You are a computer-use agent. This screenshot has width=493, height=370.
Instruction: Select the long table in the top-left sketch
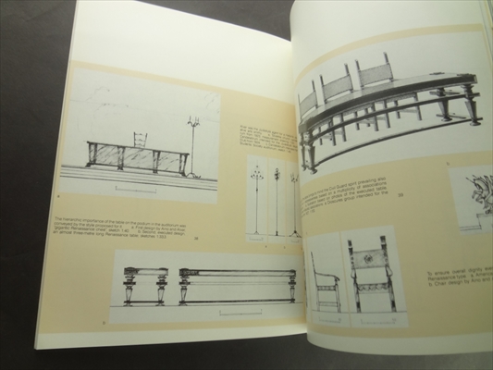click(136, 157)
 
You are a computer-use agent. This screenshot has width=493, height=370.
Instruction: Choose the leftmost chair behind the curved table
click(312, 99)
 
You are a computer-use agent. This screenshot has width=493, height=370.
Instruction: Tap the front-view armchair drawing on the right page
click(371, 273)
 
